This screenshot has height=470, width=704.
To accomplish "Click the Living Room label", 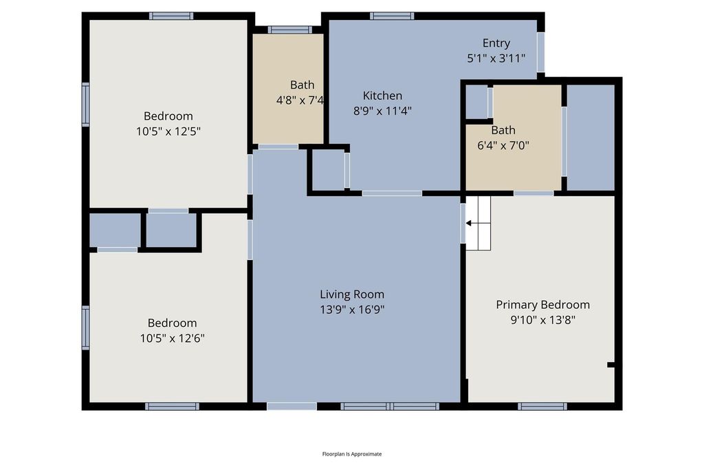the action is click(352, 295).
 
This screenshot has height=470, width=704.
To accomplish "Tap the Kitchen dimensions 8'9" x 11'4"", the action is click(382, 111).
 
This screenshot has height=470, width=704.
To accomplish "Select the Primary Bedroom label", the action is click(543, 305).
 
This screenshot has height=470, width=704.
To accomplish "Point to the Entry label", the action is click(496, 43).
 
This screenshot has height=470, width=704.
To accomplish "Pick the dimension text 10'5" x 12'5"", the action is click(168, 131).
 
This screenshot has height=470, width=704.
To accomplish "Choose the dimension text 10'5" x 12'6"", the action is click(173, 339).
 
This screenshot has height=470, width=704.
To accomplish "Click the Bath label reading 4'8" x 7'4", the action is click(300, 100).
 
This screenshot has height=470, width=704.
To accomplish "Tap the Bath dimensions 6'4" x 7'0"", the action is click(503, 146).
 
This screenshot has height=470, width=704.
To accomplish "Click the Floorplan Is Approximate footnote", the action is click(352, 453).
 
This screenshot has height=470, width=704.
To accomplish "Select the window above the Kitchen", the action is click(392, 17).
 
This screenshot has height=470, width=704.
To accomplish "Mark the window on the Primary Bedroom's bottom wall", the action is click(542, 406).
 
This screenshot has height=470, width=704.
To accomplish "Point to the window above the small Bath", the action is click(290, 30).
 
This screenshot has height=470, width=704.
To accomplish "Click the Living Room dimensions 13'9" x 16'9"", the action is click(352, 310).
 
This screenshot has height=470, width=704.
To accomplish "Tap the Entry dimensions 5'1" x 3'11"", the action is click(496, 58).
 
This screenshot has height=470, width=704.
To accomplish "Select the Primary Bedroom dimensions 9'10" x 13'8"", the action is click(543, 320).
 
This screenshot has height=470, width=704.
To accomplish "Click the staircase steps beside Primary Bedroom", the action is click(478, 223).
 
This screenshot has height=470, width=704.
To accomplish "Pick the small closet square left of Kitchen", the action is click(328, 169).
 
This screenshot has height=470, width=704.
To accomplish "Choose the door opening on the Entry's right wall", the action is click(541, 52).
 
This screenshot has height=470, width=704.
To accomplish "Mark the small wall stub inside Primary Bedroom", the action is click(611, 365).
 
